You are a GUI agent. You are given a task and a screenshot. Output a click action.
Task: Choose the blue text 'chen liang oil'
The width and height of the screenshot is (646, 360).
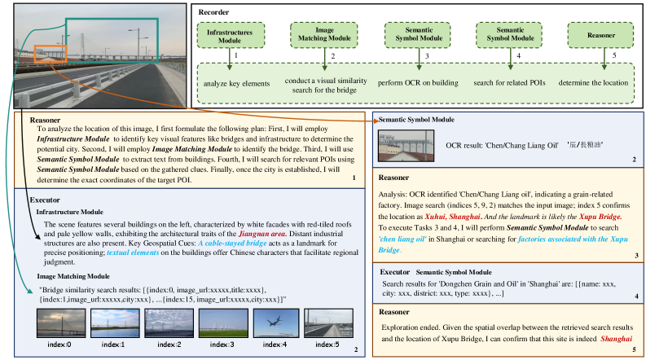point(406,240)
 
